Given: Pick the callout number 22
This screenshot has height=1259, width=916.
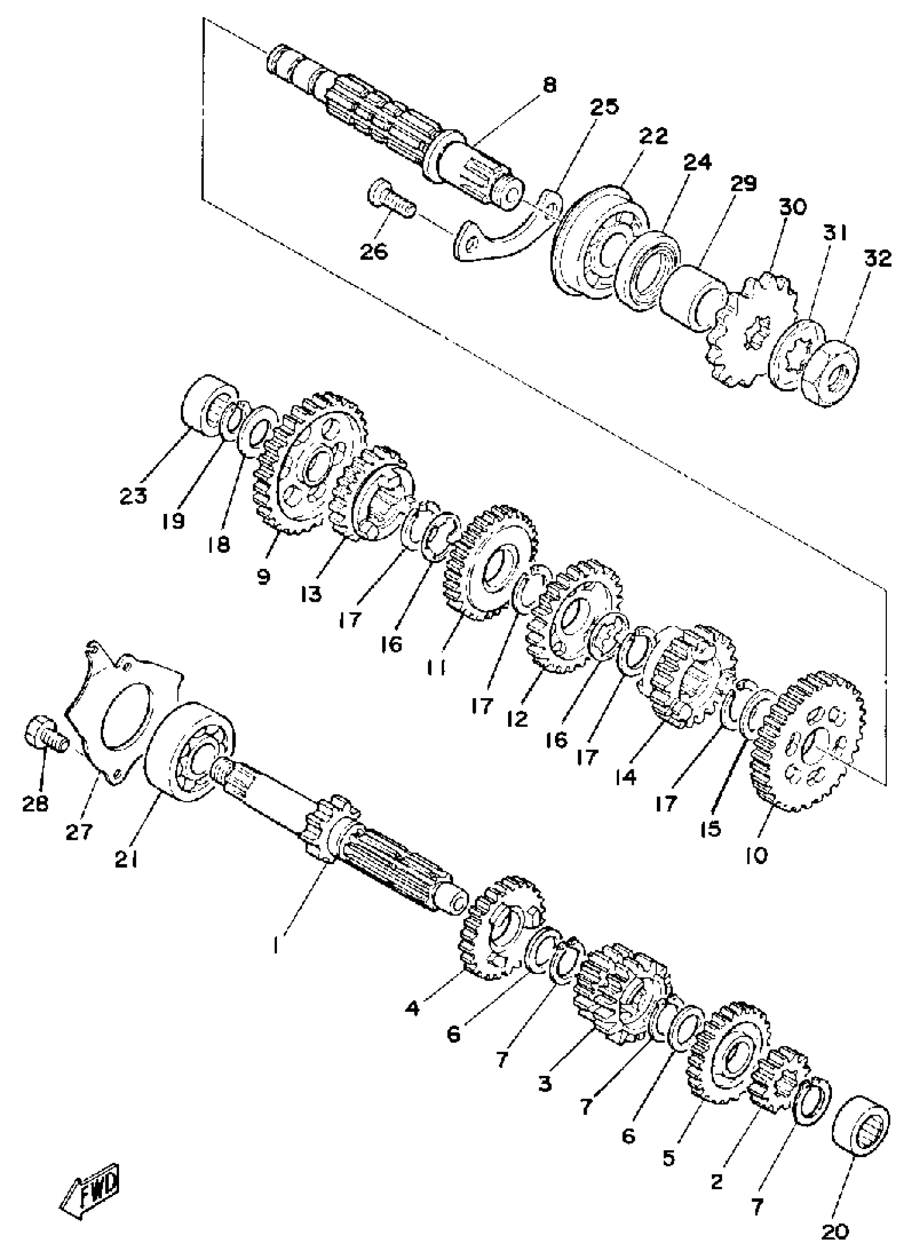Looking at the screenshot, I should [654, 136].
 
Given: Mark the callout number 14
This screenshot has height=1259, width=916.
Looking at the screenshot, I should [626, 777].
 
